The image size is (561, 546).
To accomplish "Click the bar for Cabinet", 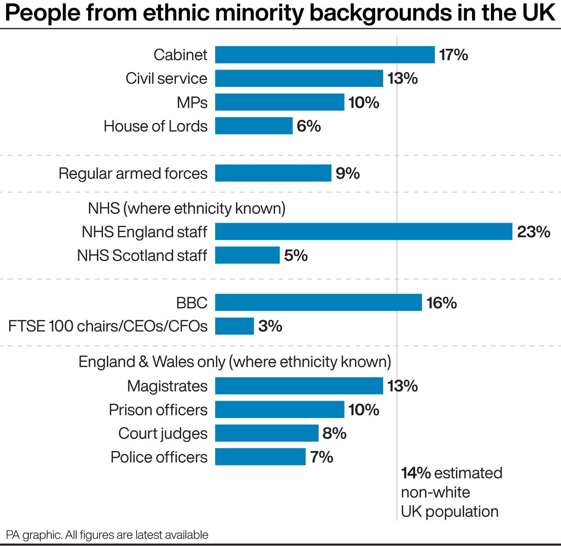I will pyautogui.click(x=325, y=55).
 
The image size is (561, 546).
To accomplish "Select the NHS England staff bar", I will pyautogui.click(x=363, y=231).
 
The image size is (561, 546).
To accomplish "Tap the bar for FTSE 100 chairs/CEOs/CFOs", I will pyautogui.click(x=234, y=326).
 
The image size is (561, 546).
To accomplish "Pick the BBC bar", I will pyautogui.click(x=318, y=302).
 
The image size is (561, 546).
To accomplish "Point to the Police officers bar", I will pyautogui.click(x=260, y=457).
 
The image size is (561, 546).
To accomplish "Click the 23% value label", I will pyautogui.click(x=533, y=231).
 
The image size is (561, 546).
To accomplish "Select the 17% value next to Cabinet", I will pyautogui.click(x=454, y=55).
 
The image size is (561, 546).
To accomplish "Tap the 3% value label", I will pyautogui.click(x=270, y=326).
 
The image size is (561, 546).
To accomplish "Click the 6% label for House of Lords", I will pyautogui.click(x=309, y=126).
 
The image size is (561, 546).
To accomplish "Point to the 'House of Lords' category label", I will pyautogui.click(x=156, y=126).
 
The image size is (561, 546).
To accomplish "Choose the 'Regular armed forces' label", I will pyautogui.click(x=133, y=173).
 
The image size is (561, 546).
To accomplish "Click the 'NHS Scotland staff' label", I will pyautogui.click(x=142, y=255).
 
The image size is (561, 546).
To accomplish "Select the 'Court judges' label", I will pyautogui.click(x=163, y=433).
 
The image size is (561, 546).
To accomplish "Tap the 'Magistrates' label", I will pyautogui.click(x=167, y=386).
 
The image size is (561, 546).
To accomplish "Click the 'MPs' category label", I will pyautogui.click(x=192, y=102).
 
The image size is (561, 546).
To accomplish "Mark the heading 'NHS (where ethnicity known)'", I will pyautogui.click(x=187, y=208).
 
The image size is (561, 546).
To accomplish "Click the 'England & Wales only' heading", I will pyautogui.click(x=152, y=362).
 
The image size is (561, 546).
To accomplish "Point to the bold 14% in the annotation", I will pyautogui.click(x=416, y=473).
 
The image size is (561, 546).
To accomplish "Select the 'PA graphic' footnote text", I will pyautogui.click(x=34, y=535).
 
